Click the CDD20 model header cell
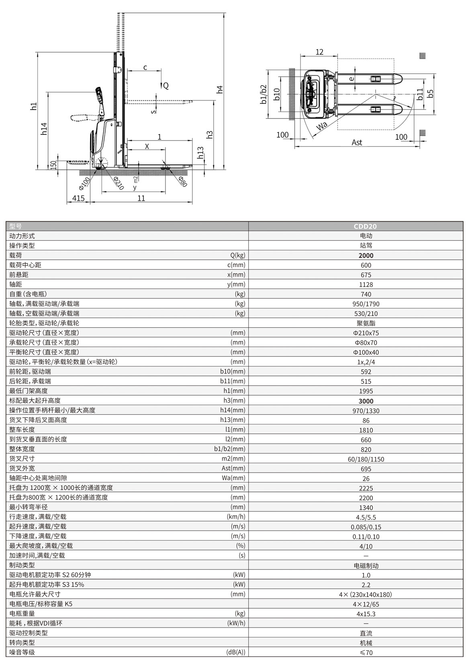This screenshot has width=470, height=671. coord(365,226)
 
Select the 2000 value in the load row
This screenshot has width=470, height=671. coord(366,255)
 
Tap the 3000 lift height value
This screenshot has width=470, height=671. coord(366,401)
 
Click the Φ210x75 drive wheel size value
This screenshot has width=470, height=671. coord(366,333)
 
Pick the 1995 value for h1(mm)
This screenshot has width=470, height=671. coord(366,391)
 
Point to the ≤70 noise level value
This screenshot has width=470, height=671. coord(366,653)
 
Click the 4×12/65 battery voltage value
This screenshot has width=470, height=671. coord(366,604)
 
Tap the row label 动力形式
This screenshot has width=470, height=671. coord(22,236)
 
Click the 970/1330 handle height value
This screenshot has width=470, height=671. coord(366,410)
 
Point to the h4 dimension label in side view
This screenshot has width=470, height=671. coord(219,90)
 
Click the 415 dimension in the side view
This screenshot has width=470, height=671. coord(78,198)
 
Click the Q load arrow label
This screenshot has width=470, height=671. coord(166,86)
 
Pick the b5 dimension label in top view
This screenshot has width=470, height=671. coord(430,94)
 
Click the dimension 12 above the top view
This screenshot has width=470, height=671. coord(319,52)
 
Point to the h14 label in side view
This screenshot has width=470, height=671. coord(44,128)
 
